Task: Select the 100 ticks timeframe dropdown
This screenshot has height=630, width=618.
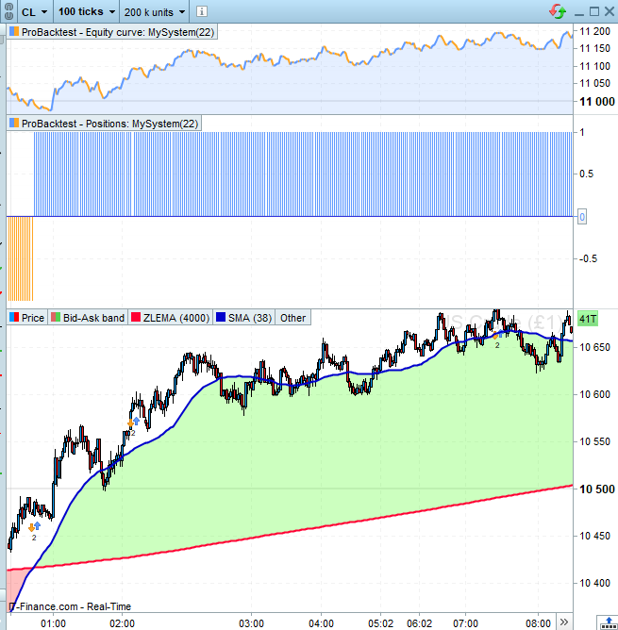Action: tap(86, 11)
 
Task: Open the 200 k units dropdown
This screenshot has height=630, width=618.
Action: tap(156, 11)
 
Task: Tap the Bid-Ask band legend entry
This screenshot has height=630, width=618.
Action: tap(93, 318)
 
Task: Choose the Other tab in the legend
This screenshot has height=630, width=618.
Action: tap(292, 318)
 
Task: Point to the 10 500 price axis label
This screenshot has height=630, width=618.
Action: tap(595, 489)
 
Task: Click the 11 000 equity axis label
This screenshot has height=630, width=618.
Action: tap(595, 101)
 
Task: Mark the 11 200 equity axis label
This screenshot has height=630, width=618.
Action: tap(595, 31)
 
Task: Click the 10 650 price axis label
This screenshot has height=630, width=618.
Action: tap(595, 348)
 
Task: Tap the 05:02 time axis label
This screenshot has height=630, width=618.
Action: tap(380, 623)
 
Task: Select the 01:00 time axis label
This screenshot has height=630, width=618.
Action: tap(53, 623)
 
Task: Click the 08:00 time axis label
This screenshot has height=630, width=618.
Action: tap(538, 623)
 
